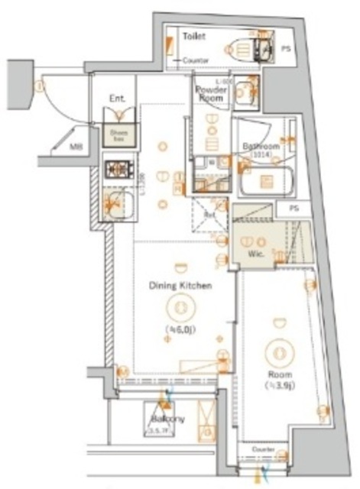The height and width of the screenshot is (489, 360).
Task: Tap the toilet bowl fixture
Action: coord(242,50)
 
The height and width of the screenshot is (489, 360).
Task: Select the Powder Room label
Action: coord(211,93)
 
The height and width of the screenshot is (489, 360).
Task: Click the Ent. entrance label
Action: coord(117,98)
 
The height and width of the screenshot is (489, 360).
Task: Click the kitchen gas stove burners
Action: coord(119,167)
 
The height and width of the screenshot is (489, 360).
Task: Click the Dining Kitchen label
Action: coord(180,286)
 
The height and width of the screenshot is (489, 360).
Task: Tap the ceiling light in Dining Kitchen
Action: coord(180,307)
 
